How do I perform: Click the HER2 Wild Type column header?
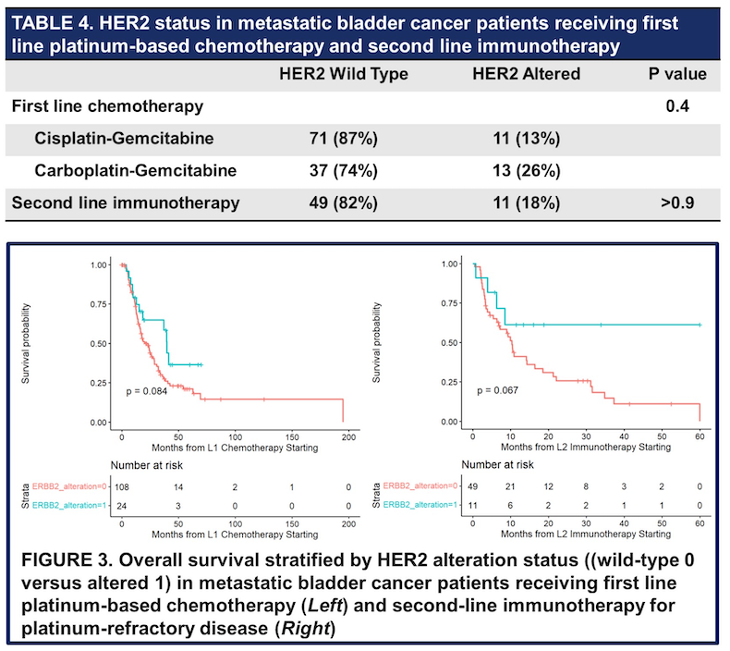(343, 74)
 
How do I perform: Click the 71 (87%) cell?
(343, 139)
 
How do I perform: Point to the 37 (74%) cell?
(343, 171)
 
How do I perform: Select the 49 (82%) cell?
(343, 203)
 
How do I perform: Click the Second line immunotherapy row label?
(125, 203)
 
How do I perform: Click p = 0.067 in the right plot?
(497, 390)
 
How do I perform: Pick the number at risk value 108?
(122, 486)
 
